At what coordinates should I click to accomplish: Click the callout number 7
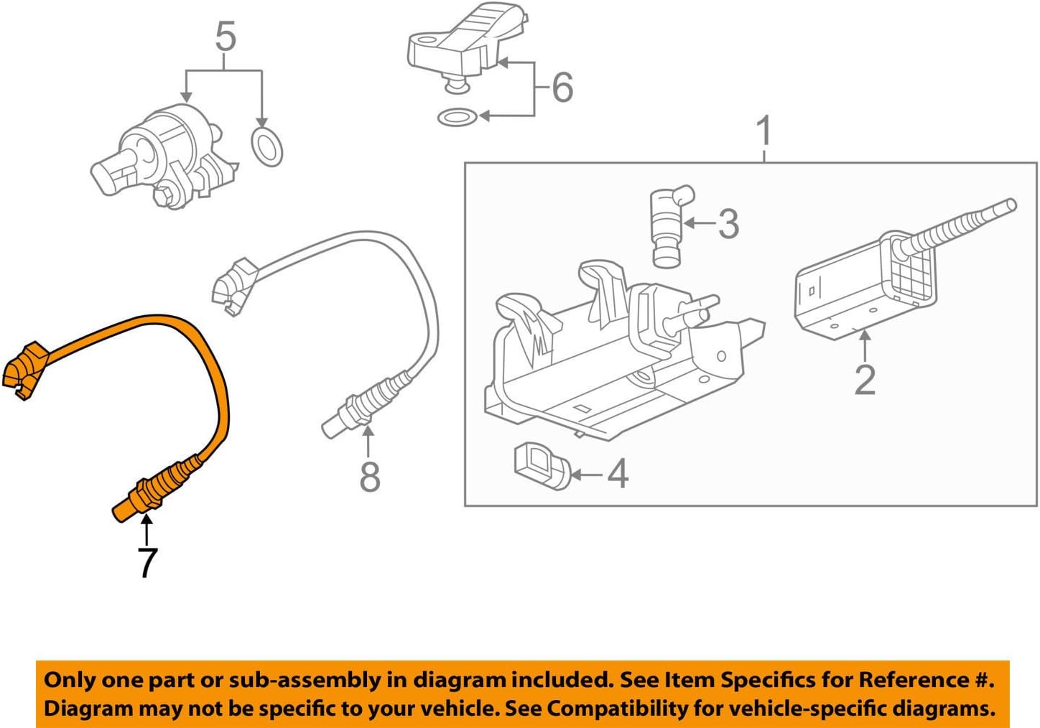coord(147,562)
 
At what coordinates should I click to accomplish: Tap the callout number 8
coord(369,476)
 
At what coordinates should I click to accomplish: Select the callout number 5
coord(225,37)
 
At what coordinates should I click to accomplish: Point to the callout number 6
coord(562,88)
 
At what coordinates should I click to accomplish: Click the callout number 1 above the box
coord(764,131)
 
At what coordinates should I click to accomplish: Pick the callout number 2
coord(865,380)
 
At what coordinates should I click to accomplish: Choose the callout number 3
coord(728,224)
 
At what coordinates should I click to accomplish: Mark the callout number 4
coord(618,474)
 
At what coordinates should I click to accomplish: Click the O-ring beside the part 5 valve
coord(266,146)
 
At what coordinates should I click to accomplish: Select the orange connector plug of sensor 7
coord(25,370)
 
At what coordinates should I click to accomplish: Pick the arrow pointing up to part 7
coord(147,531)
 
